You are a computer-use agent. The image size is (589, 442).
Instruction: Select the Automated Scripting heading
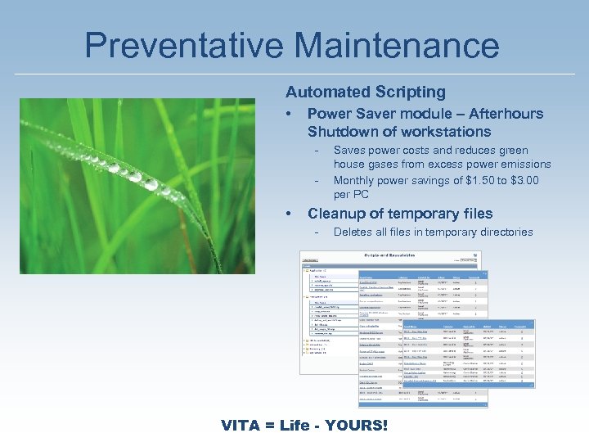[365, 92]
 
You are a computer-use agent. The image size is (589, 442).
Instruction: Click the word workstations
[452, 132]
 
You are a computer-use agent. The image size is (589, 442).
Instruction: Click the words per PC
[352, 195]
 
